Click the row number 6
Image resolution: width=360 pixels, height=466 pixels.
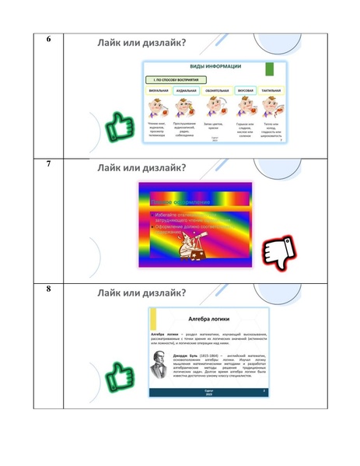[x=49, y=40]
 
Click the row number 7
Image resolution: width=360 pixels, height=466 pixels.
[x=49, y=165]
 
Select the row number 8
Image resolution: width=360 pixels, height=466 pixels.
[x=49, y=290]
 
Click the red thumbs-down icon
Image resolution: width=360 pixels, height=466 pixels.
[x=278, y=251]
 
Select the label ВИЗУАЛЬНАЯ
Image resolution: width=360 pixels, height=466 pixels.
[x=159, y=91]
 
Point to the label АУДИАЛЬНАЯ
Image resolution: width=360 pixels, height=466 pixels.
[x=187, y=91]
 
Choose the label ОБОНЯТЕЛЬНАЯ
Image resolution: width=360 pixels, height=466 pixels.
[x=215, y=91]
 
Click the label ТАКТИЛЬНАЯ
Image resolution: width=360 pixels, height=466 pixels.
[x=271, y=91]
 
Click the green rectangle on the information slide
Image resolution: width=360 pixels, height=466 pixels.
[x=271, y=68]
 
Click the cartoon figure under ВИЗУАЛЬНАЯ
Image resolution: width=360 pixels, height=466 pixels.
[x=159, y=107]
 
